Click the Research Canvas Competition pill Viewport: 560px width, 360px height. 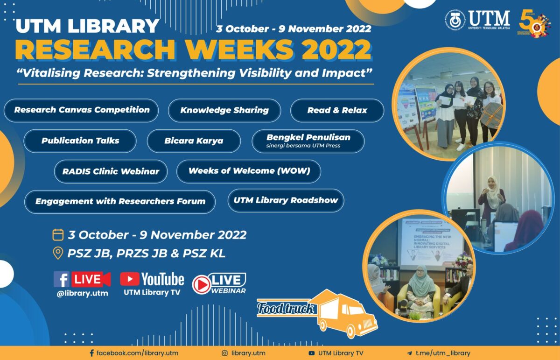pyautogui.click(x=81, y=111)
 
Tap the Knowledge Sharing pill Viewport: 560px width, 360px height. pyautogui.click(x=224, y=111)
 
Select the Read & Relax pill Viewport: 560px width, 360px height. pyautogui.click(x=337, y=111)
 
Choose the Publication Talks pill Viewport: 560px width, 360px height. pyautogui.click(x=80, y=141)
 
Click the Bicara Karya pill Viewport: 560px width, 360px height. pyautogui.click(x=194, y=141)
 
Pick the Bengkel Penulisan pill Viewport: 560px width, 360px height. pyautogui.click(x=308, y=141)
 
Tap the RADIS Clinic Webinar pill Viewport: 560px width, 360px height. pyautogui.click(x=111, y=171)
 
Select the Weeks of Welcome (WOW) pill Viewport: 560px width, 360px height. pyautogui.click(x=249, y=171)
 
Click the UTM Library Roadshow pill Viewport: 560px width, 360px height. pyautogui.click(x=286, y=201)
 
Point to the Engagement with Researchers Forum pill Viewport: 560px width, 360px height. pyautogui.click(x=120, y=202)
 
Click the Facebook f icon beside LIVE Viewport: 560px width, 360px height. pyautogui.click(x=62, y=279)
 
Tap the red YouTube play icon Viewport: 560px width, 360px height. pyautogui.click(x=129, y=279)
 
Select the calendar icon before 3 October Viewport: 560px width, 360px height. pyautogui.click(x=58, y=234)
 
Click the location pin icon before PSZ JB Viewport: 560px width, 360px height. pyautogui.click(x=58, y=254)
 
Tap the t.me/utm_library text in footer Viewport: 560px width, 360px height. pyautogui.click(x=443, y=353)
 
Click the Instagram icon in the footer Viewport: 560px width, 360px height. pyautogui.click(x=224, y=353)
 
